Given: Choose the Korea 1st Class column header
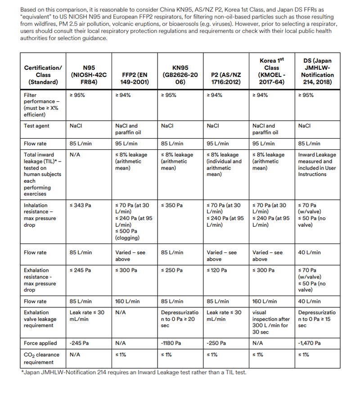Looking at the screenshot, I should click(271, 71).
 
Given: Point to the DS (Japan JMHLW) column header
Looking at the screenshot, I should click(317, 71).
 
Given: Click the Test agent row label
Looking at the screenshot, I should click(37, 126).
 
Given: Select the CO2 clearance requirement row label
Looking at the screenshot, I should click(40, 359).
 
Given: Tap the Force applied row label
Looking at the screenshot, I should click(40, 343).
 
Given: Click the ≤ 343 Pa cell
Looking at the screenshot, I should click(81, 205).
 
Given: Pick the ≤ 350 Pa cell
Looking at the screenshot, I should click(172, 205).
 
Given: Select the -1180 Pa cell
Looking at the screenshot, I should click(171, 343).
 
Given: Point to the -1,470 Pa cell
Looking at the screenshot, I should click(310, 343).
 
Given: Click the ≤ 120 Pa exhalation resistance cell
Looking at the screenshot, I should click(218, 270).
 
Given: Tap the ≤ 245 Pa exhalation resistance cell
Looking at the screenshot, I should click(81, 270).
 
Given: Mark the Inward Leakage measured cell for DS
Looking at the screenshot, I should click(317, 164).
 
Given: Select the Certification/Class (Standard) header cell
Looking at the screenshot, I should click(43, 75).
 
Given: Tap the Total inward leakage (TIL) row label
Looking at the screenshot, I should click(40, 174).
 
